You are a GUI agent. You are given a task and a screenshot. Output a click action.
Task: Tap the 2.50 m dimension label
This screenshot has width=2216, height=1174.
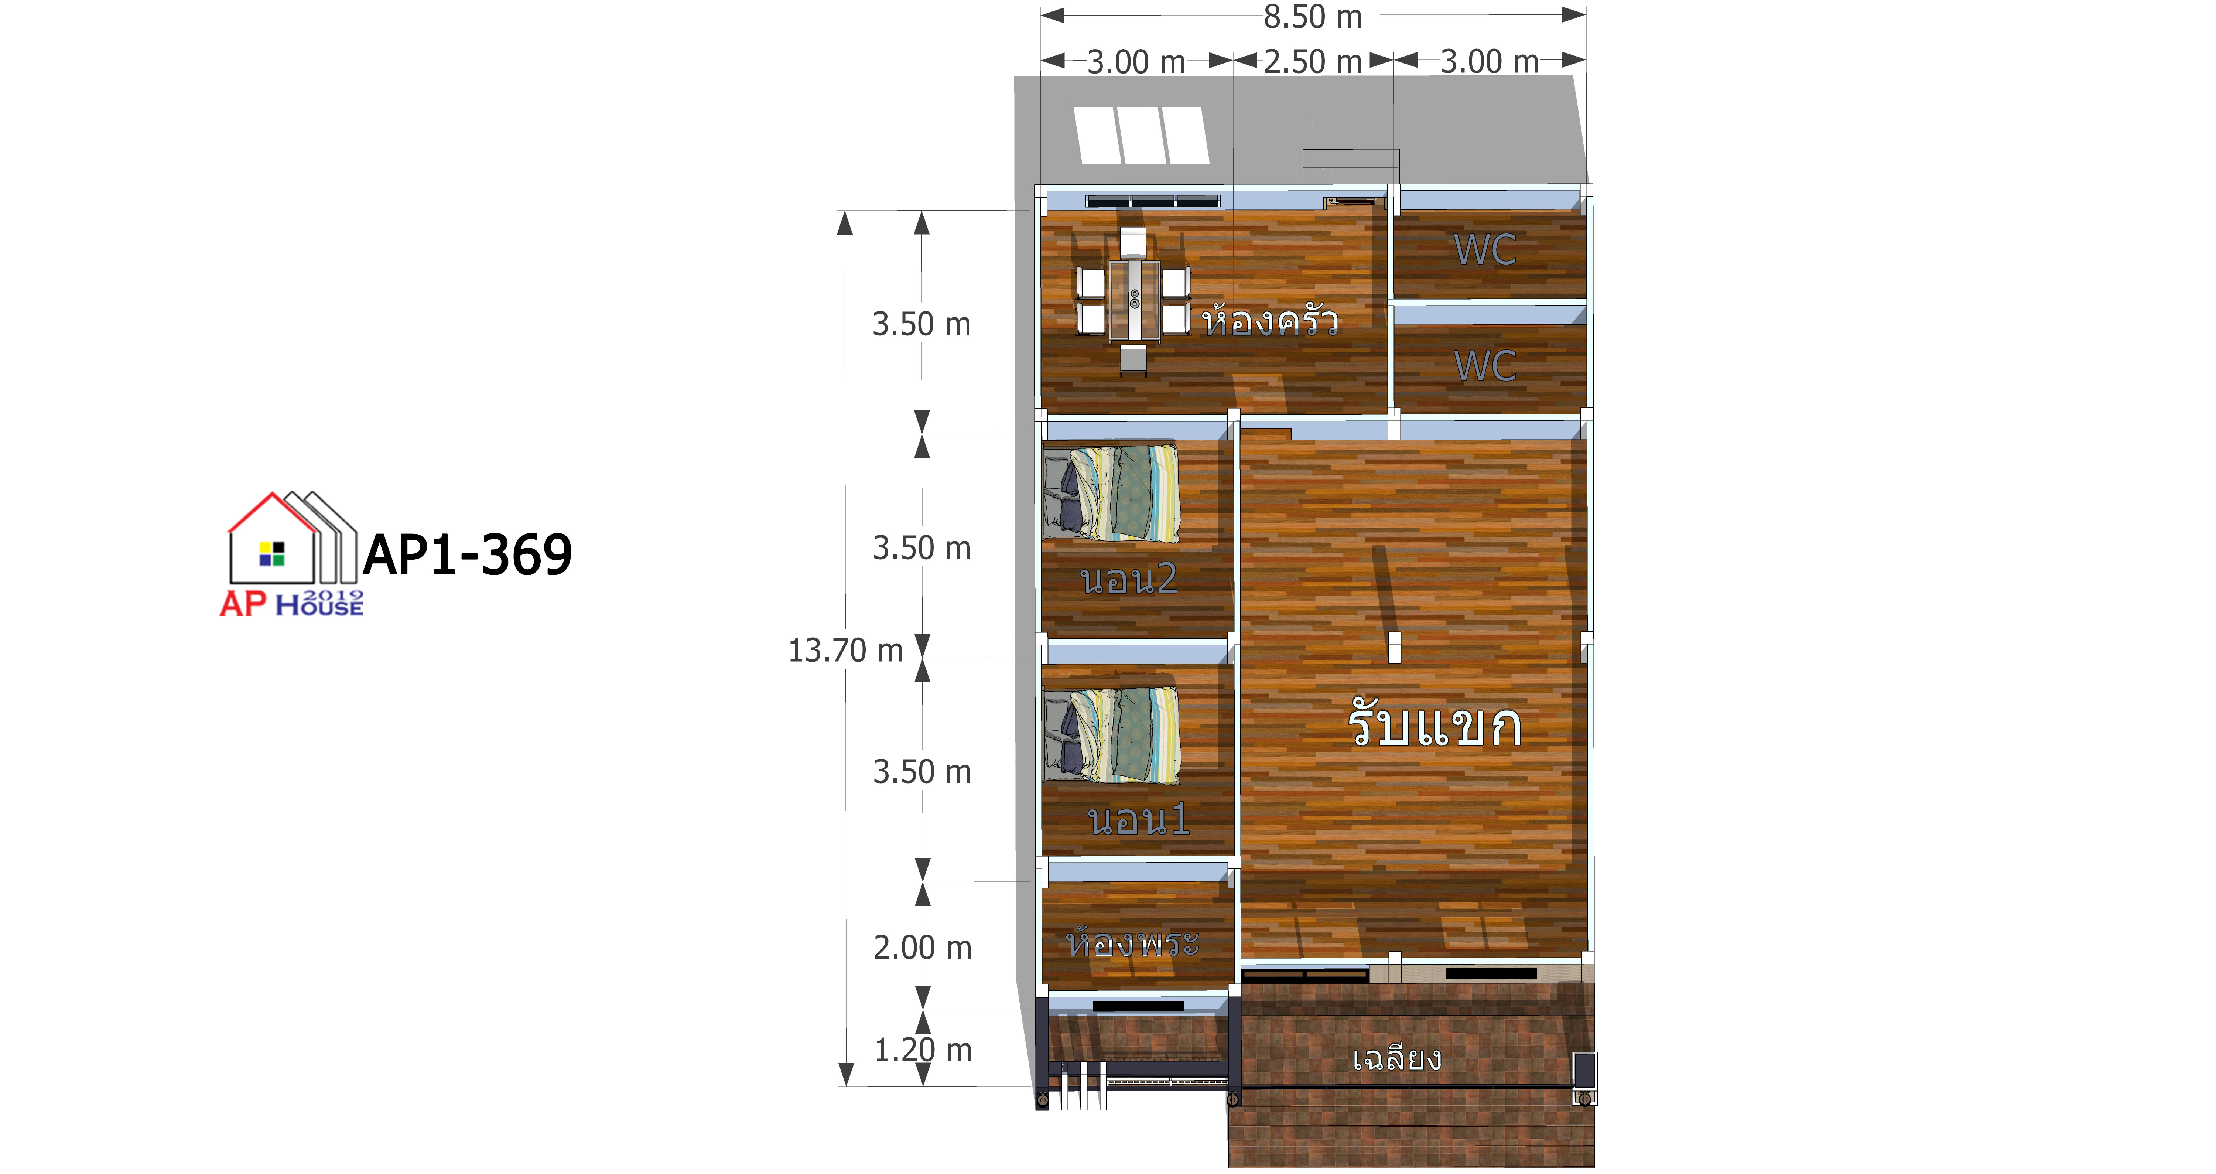point(1313,62)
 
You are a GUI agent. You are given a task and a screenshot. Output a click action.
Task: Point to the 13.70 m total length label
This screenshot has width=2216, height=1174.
point(846,651)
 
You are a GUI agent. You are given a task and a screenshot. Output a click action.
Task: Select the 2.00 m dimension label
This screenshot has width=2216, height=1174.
point(922,948)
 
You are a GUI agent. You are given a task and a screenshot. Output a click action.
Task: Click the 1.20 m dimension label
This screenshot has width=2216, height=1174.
point(922,1050)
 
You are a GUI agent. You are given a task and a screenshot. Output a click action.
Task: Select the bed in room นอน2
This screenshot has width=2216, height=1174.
point(1111,493)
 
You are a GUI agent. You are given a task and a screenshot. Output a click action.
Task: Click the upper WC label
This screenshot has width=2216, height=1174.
point(1485,250)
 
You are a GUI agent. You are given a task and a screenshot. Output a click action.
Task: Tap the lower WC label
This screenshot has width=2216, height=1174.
point(1485,366)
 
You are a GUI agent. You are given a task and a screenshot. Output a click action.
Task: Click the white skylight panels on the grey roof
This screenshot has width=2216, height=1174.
point(1141,135)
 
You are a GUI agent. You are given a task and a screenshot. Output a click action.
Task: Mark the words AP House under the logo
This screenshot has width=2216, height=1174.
point(292,603)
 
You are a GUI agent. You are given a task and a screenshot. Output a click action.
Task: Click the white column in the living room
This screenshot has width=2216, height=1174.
point(1395,648)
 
